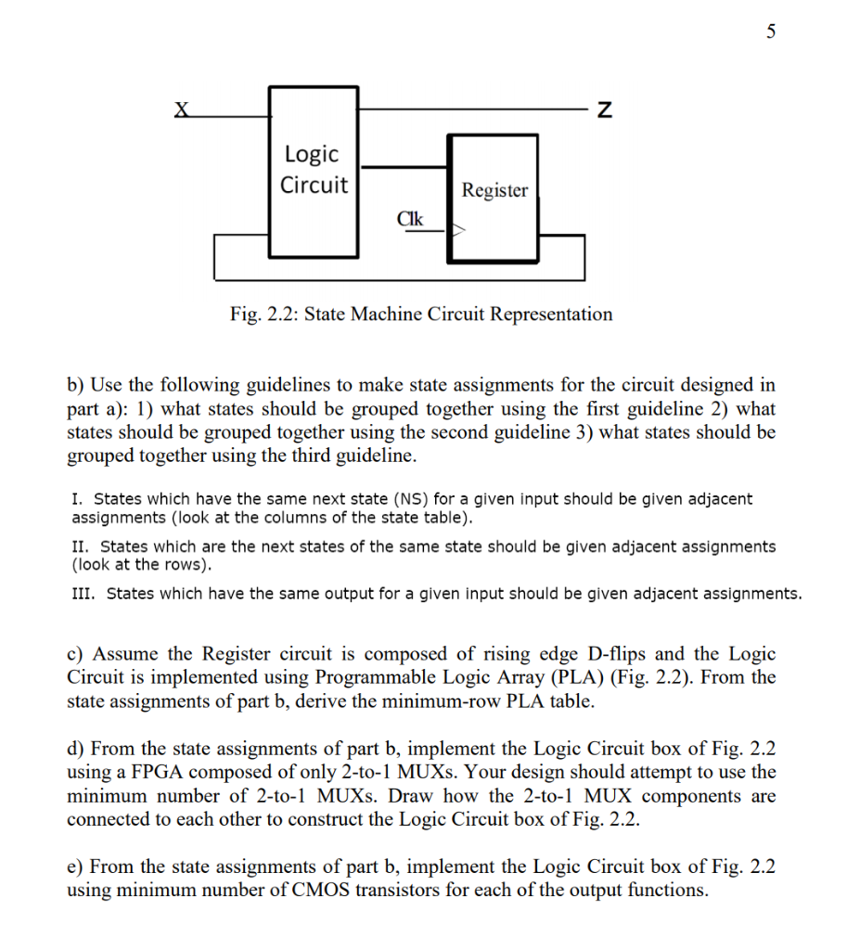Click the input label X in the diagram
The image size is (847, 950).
[x=182, y=109]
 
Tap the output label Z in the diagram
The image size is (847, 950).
[x=604, y=111]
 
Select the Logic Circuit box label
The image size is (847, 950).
[x=313, y=169]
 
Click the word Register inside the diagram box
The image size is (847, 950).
[x=494, y=190]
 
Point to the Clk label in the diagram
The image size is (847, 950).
[x=409, y=219]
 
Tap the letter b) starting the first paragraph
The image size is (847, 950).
[x=75, y=384]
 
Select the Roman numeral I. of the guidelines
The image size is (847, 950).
[x=76, y=499]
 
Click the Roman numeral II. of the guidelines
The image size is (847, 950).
[x=80, y=546]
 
